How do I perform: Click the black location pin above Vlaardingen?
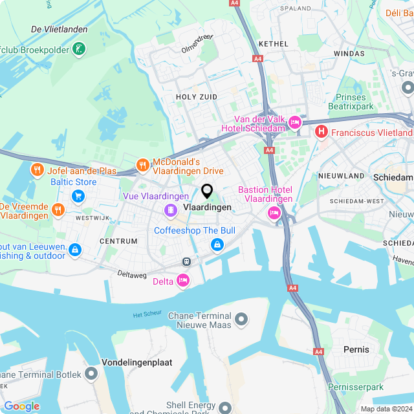tap(207, 191)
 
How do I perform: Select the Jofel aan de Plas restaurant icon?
tap(37, 170)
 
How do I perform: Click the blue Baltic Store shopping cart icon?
tap(78, 195)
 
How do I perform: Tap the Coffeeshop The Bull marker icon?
tap(217, 245)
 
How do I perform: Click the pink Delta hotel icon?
tap(183, 281)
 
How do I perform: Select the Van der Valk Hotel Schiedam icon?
tap(295, 122)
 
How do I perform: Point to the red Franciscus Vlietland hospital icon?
tap(321, 133)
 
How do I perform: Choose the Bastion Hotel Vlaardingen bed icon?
tap(274, 213)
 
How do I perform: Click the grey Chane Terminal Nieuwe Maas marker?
tap(241, 319)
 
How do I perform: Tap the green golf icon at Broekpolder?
tap(78, 49)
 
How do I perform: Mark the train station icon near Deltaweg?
tap(186, 262)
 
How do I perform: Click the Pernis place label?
tap(356, 349)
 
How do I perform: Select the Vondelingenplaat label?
tap(137, 362)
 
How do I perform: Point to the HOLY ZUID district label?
tap(197, 96)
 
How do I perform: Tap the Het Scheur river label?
tap(146, 315)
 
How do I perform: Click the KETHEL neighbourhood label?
tap(272, 43)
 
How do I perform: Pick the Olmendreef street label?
tap(197, 42)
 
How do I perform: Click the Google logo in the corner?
tap(21, 406)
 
